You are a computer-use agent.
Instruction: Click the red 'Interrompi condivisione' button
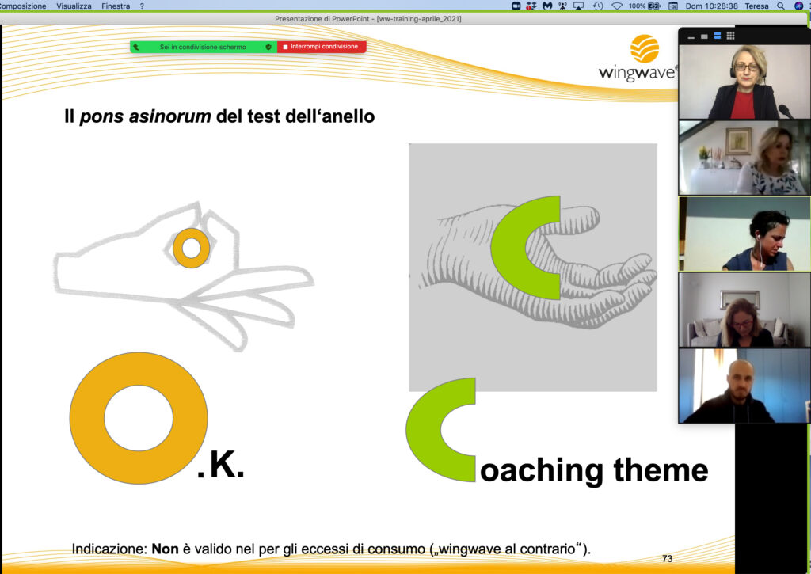tap(322, 47)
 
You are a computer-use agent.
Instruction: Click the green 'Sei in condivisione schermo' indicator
tap(204, 47)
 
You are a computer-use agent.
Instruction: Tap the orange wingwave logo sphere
tap(645, 48)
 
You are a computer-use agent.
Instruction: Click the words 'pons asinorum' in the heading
tap(146, 116)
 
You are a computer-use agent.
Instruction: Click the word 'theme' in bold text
tap(661, 470)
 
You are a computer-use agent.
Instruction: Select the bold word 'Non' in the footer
tap(165, 549)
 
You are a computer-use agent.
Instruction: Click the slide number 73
tap(667, 558)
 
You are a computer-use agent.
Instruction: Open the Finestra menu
tap(116, 6)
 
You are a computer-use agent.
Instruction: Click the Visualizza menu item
tap(74, 6)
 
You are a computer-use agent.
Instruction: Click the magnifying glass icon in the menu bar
tap(781, 6)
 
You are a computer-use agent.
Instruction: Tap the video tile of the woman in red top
tap(744, 82)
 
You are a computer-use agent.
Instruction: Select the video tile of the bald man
tap(744, 386)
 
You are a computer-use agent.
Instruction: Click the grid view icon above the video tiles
tap(730, 36)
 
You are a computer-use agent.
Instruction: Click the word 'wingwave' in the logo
tap(636, 72)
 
